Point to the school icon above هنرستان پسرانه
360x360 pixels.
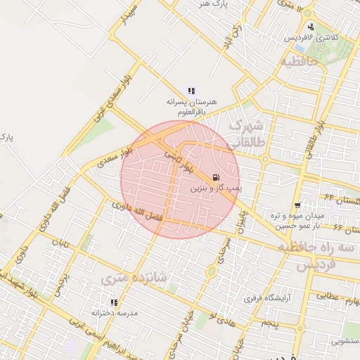point(191,91)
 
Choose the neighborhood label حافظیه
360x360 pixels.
point(300,62)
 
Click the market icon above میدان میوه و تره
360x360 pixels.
point(299,205)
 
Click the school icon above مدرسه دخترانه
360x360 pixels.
point(113,302)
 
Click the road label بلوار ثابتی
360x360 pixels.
point(177,161)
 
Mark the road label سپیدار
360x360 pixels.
point(128,18)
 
